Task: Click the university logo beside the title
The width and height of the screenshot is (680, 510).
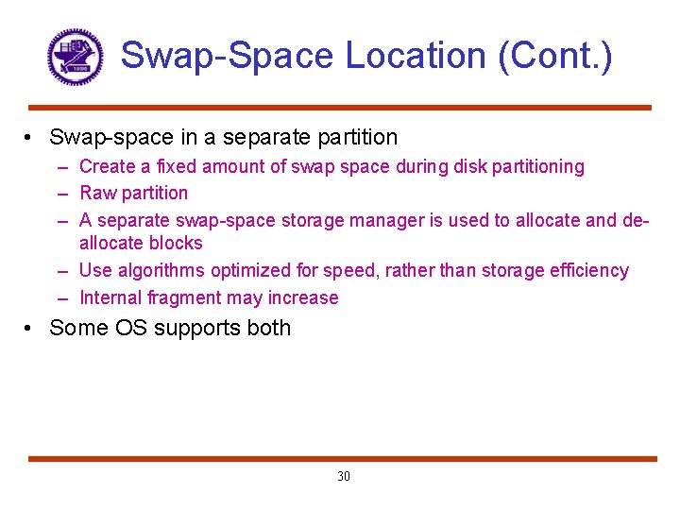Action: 74,56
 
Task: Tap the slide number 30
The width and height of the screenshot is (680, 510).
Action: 343,476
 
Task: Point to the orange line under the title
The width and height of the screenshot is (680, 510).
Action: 340,108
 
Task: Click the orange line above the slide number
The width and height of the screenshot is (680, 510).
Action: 340,459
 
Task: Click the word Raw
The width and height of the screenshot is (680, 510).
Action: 97,194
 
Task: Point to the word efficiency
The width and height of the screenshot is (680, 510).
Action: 592,271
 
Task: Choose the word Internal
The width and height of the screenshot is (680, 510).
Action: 110,298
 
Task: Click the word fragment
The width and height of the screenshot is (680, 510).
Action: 182,298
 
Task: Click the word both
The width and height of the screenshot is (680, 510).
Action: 268,329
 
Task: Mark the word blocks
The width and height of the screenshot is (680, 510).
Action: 176,244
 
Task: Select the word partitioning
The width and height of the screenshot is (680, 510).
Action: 534,167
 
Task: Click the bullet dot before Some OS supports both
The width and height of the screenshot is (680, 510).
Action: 31,329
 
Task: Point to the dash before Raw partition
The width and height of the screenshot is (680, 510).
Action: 60,194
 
